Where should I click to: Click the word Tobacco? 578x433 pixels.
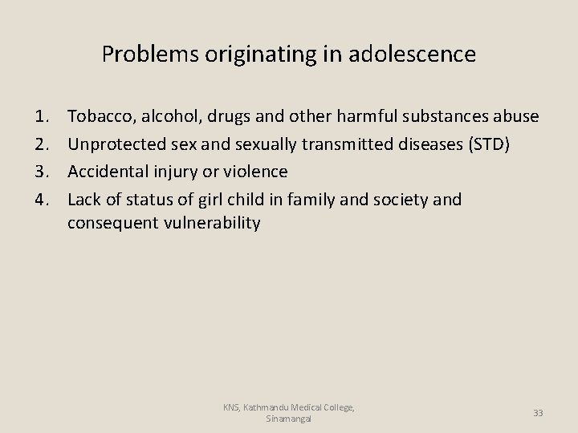[x=100, y=117]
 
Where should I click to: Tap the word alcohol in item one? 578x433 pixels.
[x=171, y=117]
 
